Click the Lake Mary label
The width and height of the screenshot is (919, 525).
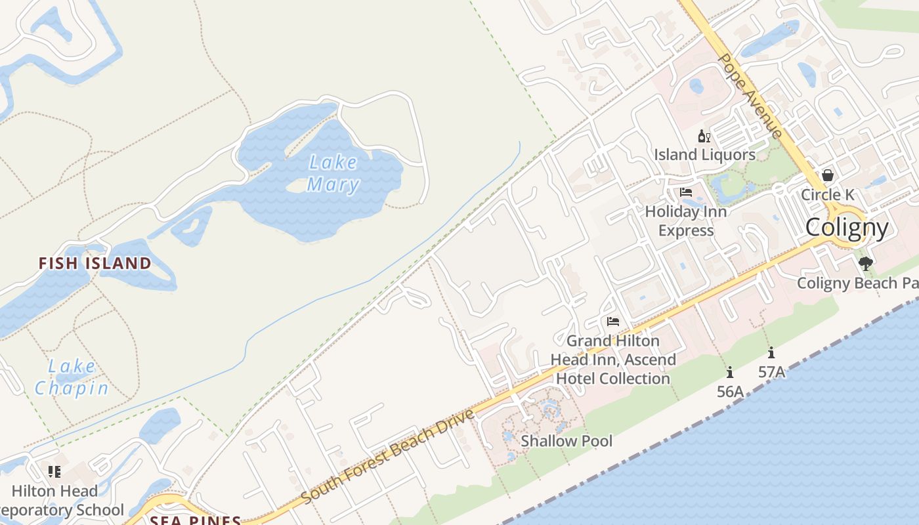333,173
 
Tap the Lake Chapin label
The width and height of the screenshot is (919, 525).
72,377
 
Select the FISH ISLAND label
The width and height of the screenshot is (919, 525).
95,264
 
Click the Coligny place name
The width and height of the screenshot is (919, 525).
847,228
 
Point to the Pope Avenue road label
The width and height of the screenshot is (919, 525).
750,95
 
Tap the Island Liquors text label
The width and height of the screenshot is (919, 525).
704,155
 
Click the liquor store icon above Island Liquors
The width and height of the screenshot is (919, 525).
704,136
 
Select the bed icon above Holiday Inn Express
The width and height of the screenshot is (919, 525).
686,192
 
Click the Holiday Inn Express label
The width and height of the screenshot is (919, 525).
686,221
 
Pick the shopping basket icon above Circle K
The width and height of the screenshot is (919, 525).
828,175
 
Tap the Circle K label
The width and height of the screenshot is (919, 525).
828,195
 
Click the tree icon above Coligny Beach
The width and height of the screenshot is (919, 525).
866,264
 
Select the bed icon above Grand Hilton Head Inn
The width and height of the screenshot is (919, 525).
613,322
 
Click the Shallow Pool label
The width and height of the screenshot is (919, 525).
566,441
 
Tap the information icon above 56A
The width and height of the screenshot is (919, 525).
730,373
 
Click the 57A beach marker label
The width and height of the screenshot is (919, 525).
771,372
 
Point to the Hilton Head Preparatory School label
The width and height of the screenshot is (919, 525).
59,501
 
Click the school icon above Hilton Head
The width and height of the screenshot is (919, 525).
54,471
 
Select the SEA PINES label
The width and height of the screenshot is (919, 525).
195,520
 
